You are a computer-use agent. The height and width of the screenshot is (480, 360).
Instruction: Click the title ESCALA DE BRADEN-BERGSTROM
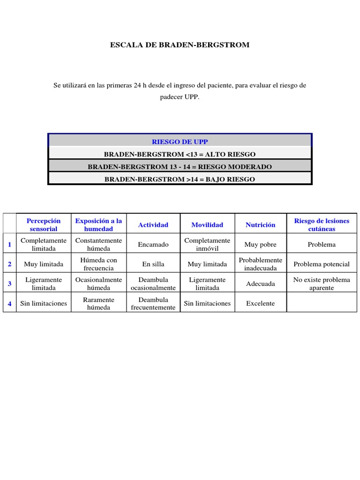pos(180,45)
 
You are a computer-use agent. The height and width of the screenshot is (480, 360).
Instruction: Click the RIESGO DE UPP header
pos(180,142)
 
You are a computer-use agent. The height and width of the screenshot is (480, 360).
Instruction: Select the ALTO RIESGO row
pos(180,154)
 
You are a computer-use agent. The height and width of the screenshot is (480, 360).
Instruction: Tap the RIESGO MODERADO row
pos(180,167)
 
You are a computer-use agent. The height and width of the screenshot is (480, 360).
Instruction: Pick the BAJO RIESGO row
pos(180,180)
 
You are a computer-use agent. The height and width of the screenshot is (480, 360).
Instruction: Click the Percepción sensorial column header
pos(44,225)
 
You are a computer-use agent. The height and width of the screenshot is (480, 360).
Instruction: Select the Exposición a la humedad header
pos(98,225)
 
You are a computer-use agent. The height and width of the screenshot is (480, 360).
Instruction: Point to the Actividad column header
pos(153,225)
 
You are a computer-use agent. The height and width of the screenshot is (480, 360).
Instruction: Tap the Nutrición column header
pos(261,225)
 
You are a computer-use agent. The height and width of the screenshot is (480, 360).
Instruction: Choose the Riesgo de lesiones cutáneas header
pos(322,225)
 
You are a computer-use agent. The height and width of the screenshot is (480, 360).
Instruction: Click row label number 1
pos(9,244)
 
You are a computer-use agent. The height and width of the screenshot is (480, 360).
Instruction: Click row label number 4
pos(9,303)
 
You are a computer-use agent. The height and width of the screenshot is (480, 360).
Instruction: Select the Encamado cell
pos(153,245)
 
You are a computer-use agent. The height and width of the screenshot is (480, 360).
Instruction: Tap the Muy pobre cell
pos(261,245)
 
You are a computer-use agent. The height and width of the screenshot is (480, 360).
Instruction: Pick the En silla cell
pos(153,264)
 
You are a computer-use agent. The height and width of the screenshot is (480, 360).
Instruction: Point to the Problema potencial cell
pos(322,264)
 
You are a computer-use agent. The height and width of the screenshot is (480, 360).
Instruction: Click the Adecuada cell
pos(261,284)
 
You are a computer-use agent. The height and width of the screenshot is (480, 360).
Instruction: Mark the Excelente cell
pos(261,303)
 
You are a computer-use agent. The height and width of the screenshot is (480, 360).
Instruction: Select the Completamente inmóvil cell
pos(207,245)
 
